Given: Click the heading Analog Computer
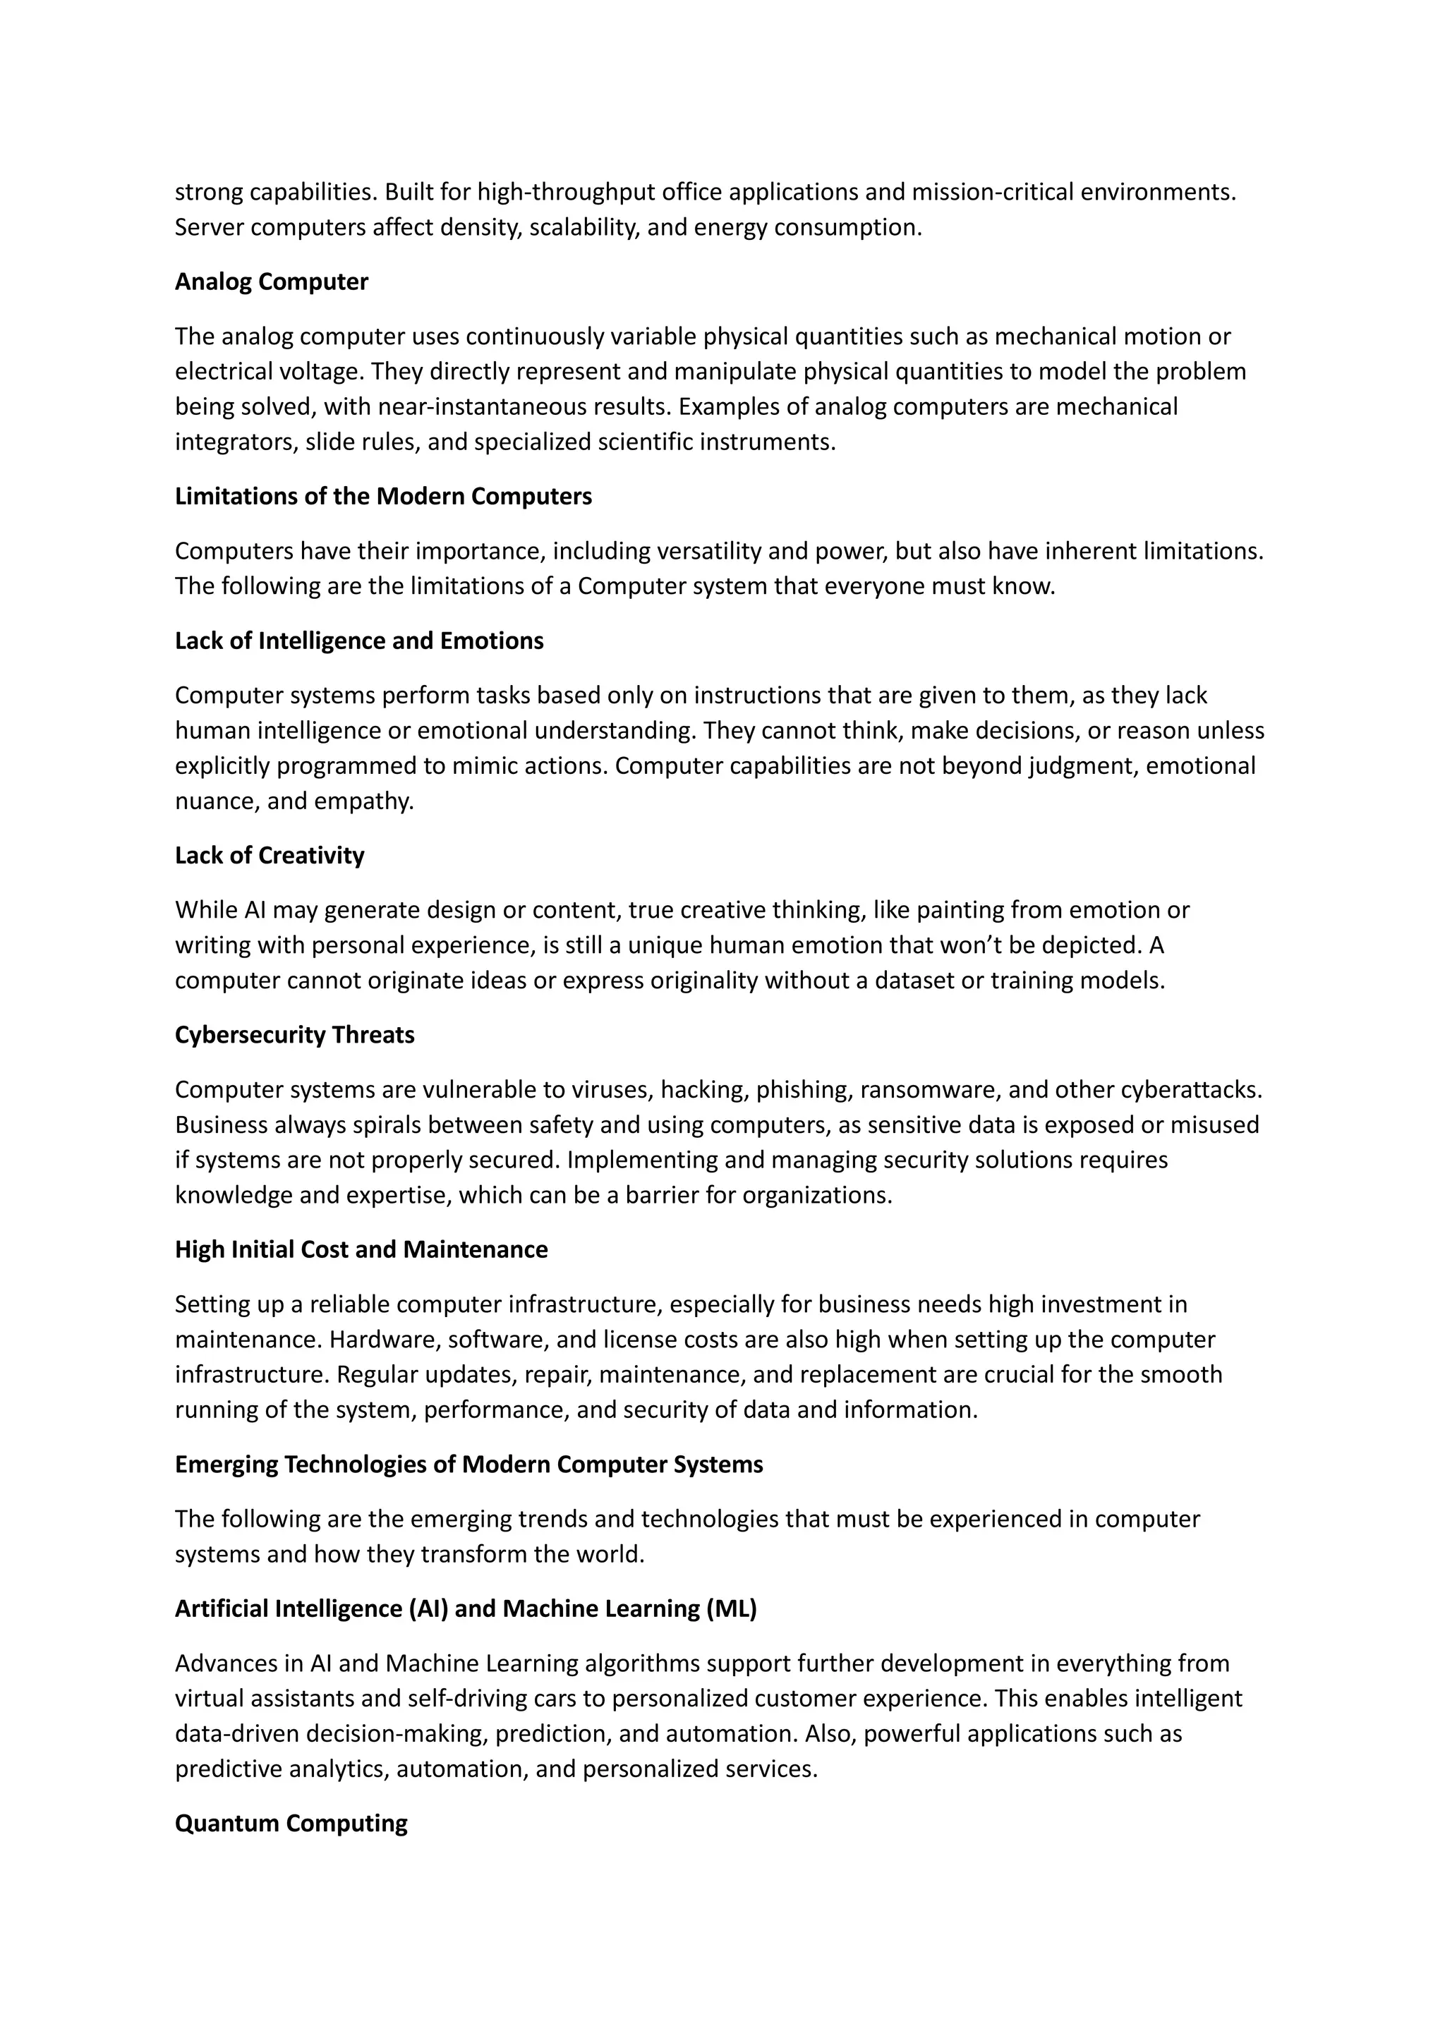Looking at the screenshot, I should tap(272, 282).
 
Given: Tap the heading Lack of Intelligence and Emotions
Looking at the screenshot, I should tap(358, 641).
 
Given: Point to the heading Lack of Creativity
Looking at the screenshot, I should tap(270, 856).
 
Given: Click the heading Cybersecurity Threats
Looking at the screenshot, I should tap(294, 1035).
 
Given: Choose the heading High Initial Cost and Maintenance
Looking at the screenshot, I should tap(361, 1249).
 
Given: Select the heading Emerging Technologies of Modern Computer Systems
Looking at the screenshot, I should tap(469, 1465).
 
